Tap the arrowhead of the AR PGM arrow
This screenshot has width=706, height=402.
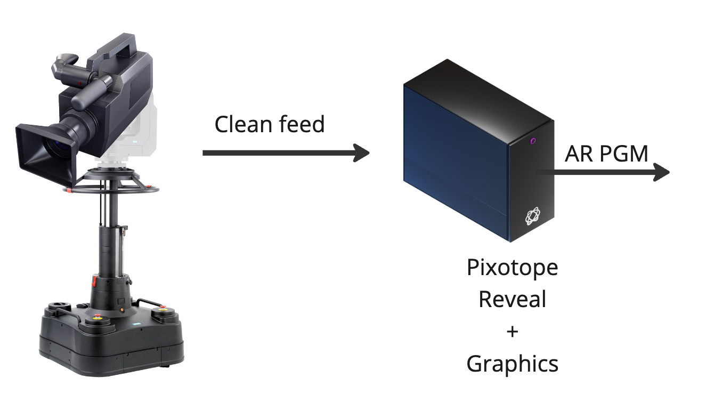[661, 172]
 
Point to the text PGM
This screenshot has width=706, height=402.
[624, 154]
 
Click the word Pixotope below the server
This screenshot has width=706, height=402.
[512, 267]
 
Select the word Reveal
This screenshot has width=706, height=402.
[512, 299]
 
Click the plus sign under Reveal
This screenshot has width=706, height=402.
[512, 332]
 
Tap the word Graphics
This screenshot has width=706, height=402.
[512, 364]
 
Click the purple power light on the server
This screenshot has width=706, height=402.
[533, 141]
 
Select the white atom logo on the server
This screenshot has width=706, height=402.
[533, 217]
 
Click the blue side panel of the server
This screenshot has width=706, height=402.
[453, 160]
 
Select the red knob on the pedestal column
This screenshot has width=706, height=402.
[95, 279]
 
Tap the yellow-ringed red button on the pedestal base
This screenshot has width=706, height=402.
[98, 318]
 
